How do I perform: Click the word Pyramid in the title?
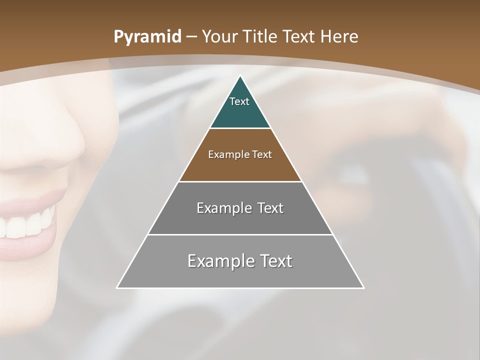(x=147, y=37)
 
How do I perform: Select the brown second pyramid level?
(x=240, y=167)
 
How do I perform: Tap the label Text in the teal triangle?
(x=239, y=101)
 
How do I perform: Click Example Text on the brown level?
(x=240, y=154)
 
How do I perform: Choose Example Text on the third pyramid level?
(x=240, y=208)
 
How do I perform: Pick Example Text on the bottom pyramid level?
(x=240, y=261)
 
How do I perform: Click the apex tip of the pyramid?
(x=240, y=77)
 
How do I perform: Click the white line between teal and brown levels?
(x=240, y=128)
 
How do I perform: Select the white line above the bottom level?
(x=240, y=234)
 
